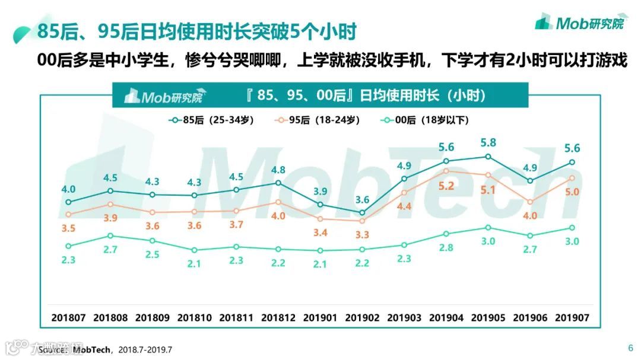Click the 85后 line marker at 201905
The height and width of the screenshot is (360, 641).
pos(488,157)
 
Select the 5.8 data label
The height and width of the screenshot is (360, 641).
pos(488,142)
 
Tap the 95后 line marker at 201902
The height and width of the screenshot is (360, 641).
pos(362,221)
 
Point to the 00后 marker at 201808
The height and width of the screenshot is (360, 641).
pos(110,236)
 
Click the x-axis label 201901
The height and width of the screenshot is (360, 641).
pos(320,318)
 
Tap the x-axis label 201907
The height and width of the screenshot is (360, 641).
pos(572,318)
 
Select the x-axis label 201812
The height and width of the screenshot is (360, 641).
pos(278,318)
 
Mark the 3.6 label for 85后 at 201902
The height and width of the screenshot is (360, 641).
pos(362,199)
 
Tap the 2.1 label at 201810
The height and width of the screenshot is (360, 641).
pos(194,265)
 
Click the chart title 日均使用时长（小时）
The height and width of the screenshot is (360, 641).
pos(366,95)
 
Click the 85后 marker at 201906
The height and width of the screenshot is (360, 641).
pos(530,181)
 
